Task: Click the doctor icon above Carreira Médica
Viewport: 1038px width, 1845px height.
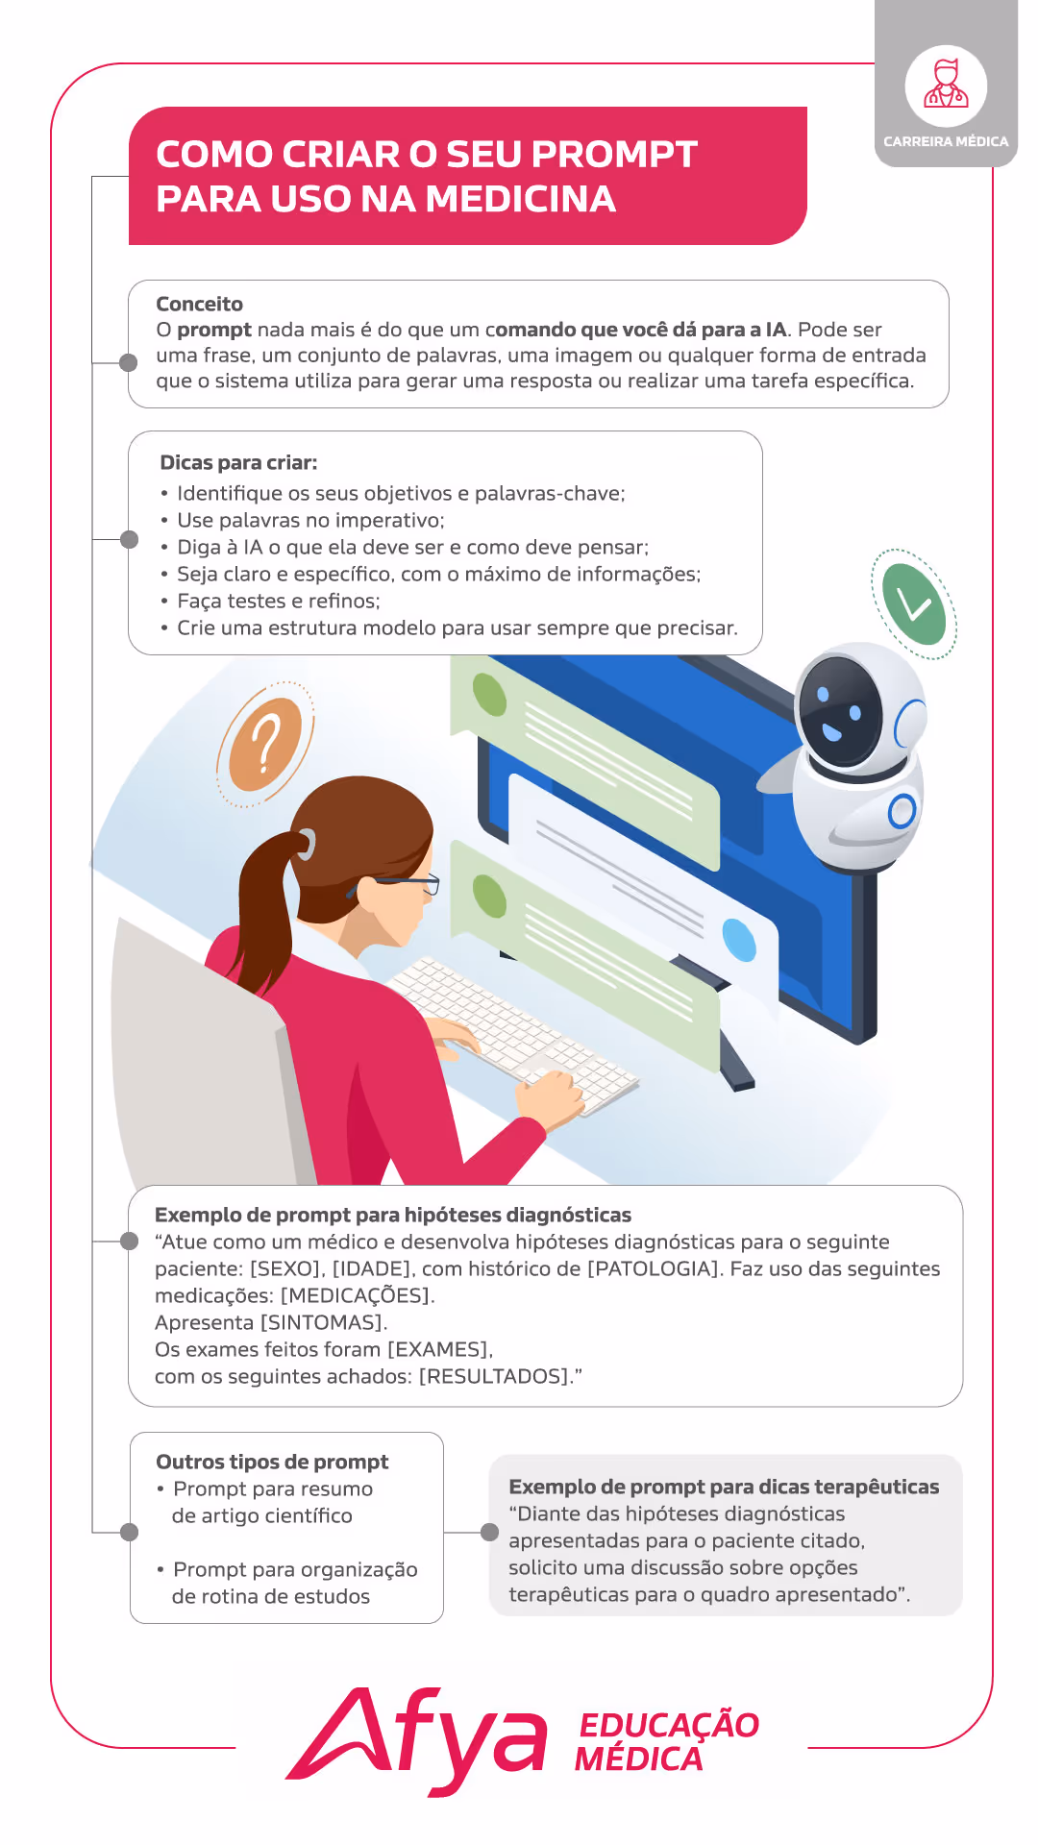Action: pos(946,84)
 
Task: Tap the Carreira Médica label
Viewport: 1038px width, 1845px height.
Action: pos(946,141)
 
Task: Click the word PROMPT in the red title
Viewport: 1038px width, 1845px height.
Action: pos(614,155)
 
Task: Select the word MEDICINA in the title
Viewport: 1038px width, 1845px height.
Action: pos(520,199)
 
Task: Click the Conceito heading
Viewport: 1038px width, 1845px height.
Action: pos(199,305)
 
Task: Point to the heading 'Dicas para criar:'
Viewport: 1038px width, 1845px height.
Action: pos(238,463)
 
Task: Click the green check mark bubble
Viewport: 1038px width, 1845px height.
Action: pos(914,604)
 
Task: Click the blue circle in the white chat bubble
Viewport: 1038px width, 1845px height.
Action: pos(739,940)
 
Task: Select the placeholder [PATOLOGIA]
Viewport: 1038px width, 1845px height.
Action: pos(655,1269)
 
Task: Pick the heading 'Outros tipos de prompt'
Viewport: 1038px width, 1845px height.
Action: pos(272,1463)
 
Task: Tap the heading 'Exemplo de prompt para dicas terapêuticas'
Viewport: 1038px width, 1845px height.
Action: pos(724,1488)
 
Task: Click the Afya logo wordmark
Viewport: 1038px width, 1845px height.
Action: pos(417,1740)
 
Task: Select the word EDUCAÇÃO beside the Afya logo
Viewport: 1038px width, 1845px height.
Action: pos(669,1726)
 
